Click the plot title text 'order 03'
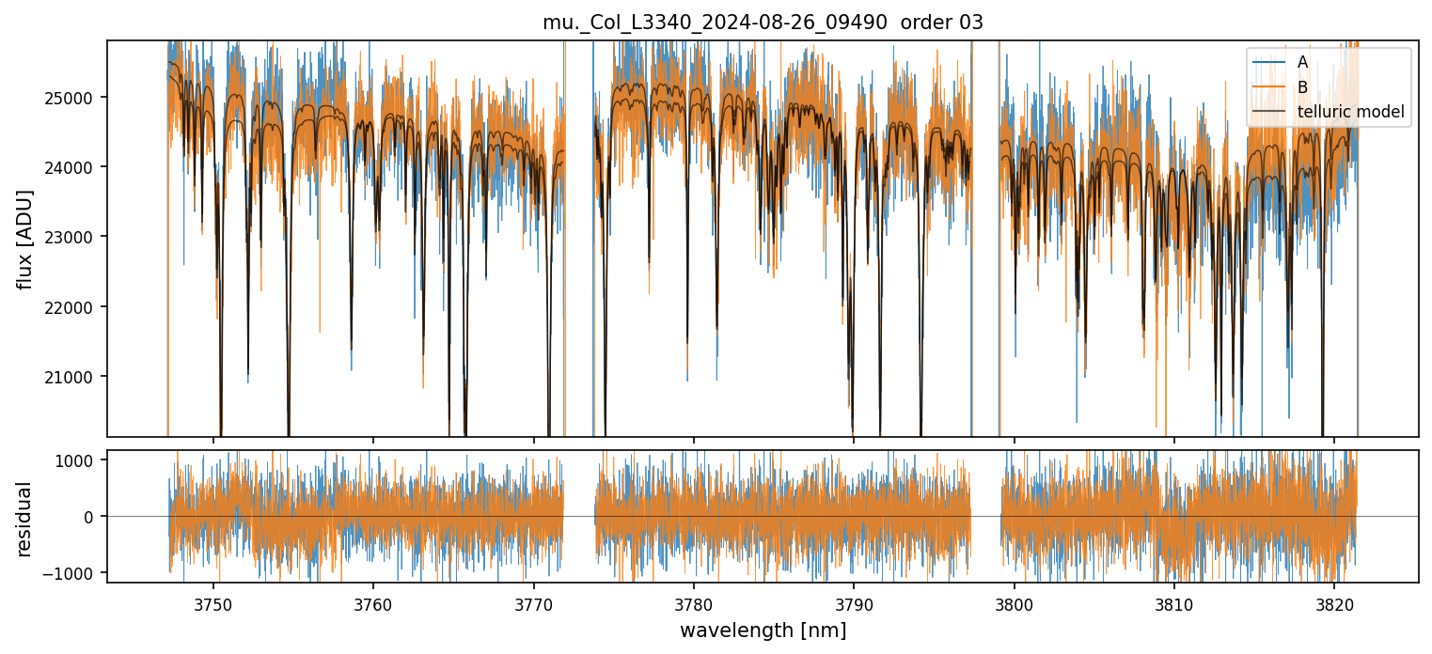pos(941,23)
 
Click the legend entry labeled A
pos(1302,62)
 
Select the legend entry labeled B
pos(1302,87)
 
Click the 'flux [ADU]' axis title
pos(25,239)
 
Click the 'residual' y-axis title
pos(25,519)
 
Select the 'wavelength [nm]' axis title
pos(763,631)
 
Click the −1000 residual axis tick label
pos(76,573)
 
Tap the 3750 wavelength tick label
pos(212,602)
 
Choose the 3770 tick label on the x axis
pos(533,602)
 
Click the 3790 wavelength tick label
pos(854,602)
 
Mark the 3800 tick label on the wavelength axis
pos(1014,602)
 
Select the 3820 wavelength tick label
pos(1334,602)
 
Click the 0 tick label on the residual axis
pos(91,517)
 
